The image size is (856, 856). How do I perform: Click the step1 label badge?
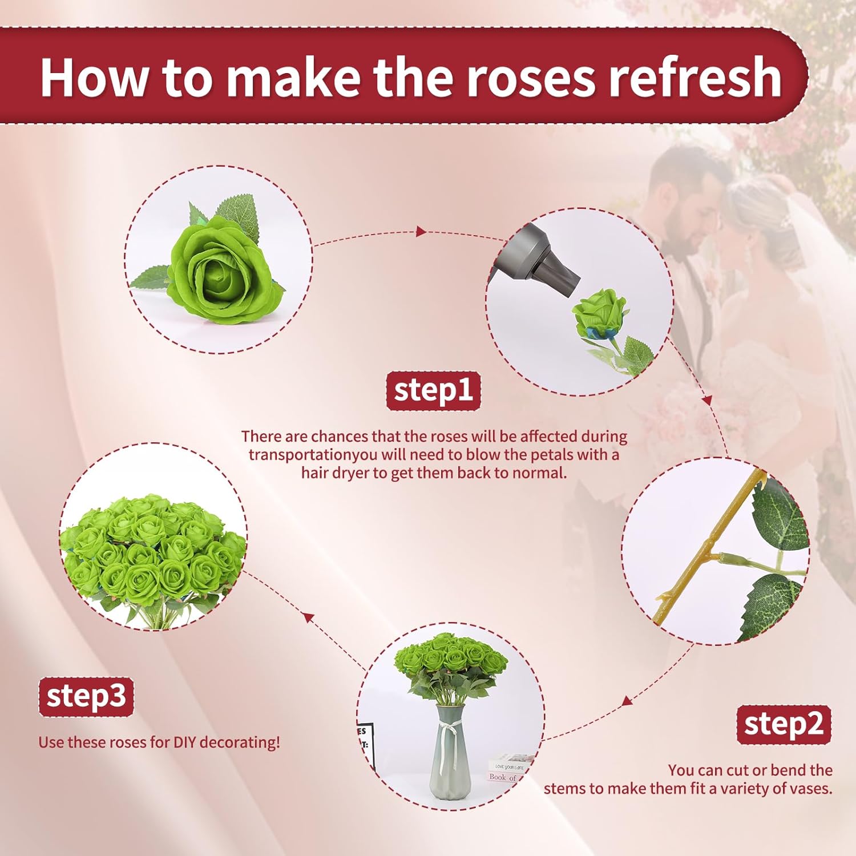(433, 391)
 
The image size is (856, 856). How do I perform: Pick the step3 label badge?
(86, 697)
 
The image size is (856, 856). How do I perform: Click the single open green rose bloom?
(223, 274)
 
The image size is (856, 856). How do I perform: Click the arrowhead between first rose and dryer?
(421, 231)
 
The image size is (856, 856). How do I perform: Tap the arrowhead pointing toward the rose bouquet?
(308, 617)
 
